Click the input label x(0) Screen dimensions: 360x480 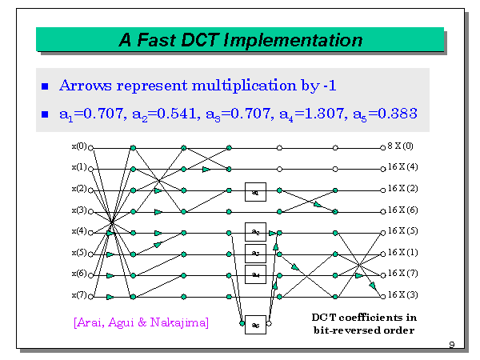click(x=78, y=147)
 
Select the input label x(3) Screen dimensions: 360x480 click(x=78, y=210)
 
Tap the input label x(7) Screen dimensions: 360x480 click(x=78, y=295)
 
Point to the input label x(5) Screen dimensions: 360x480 click(x=78, y=253)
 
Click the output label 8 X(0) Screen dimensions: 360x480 click(x=402, y=147)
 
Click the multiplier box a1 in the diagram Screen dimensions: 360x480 click(x=254, y=192)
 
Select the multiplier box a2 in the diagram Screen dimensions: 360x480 click(x=254, y=232)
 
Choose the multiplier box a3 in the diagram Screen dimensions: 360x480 click(x=254, y=254)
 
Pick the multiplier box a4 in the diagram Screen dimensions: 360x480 click(x=254, y=274)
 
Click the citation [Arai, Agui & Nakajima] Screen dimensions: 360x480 click(x=140, y=322)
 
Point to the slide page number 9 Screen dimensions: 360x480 click(x=452, y=345)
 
